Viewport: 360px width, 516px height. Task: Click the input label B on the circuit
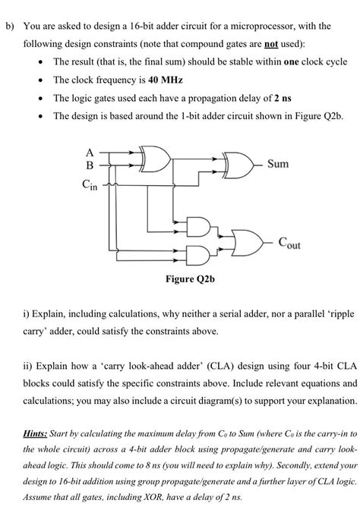coord(91,165)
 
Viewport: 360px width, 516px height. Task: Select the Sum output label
coord(278,165)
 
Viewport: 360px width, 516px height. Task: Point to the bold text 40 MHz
coord(167,79)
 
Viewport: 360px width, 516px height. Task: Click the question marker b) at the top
coord(10,26)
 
